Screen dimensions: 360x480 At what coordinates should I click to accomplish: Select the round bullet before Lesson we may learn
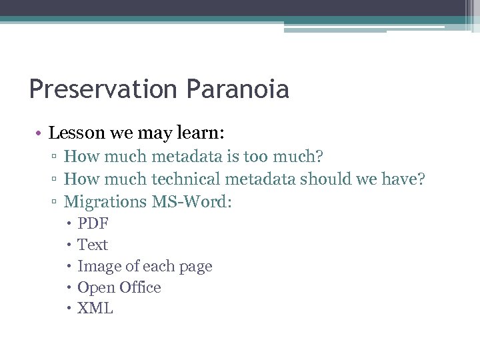pyautogui.click(x=41, y=133)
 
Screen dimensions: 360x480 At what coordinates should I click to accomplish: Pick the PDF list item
pyautogui.click(x=93, y=223)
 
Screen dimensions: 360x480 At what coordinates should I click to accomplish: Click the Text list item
pyautogui.click(x=93, y=245)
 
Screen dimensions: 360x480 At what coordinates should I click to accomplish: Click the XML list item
pyautogui.click(x=95, y=309)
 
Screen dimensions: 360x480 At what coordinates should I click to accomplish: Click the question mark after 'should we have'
pyautogui.click(x=421, y=179)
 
